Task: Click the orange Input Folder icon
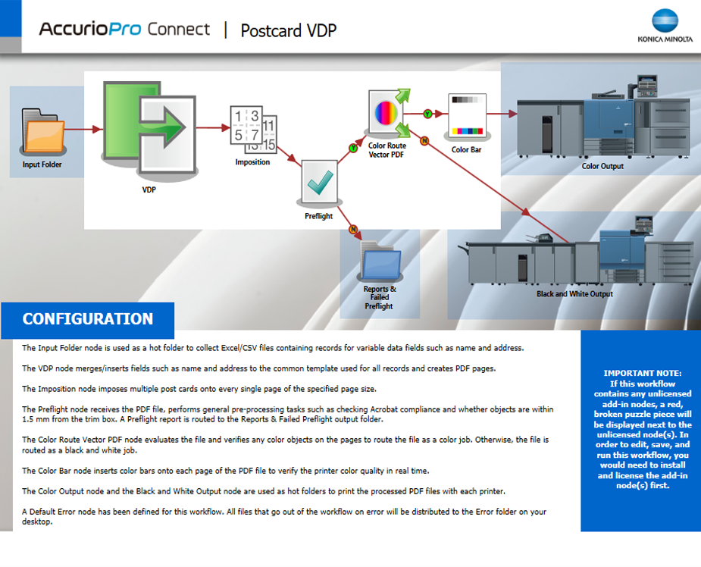click(x=42, y=132)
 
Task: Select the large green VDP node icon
click(x=149, y=130)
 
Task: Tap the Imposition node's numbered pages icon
click(x=253, y=131)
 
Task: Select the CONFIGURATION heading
click(x=87, y=319)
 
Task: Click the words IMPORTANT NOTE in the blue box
click(x=642, y=373)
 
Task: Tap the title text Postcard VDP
click(x=288, y=30)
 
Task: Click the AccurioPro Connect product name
click(x=124, y=30)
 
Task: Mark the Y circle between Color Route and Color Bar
click(x=427, y=114)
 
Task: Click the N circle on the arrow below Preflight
click(x=352, y=229)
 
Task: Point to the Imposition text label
click(x=252, y=162)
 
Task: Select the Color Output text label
click(x=602, y=166)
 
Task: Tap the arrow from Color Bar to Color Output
click(x=499, y=114)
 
